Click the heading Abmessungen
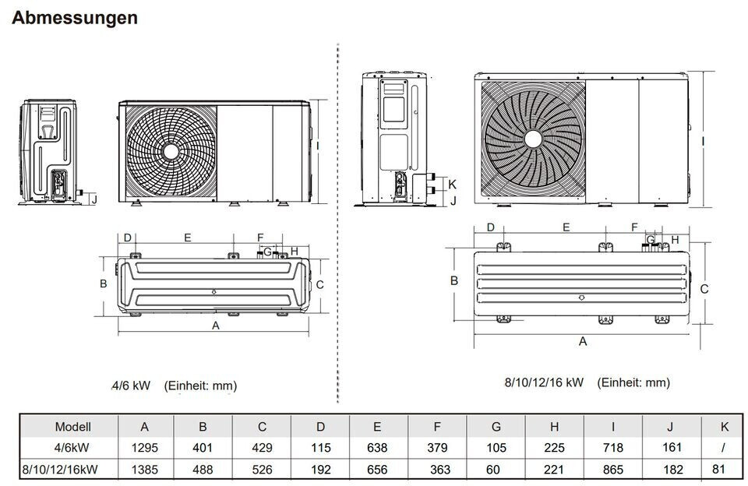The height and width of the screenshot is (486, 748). (75, 18)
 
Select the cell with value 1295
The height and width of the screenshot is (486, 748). (145, 448)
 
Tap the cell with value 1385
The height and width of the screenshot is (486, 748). (145, 470)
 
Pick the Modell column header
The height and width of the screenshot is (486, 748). (73, 426)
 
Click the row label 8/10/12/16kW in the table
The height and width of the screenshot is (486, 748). (60, 470)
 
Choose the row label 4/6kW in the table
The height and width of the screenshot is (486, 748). (72, 448)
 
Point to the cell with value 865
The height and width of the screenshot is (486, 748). (613, 470)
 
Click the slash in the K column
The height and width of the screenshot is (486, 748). (724, 447)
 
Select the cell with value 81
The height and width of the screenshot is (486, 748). (719, 470)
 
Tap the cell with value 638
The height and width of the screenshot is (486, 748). (377, 448)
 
